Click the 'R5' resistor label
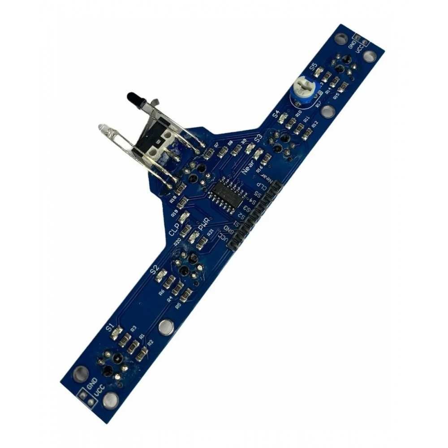(178, 305)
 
